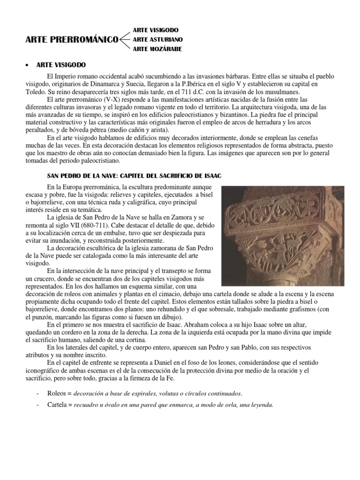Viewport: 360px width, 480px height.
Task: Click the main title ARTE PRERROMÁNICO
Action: click(71, 40)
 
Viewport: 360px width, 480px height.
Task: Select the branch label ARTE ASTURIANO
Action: click(157, 39)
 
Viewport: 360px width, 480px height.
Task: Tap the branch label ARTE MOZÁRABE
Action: click(157, 49)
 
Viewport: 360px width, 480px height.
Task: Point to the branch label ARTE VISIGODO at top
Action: click(156, 30)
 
